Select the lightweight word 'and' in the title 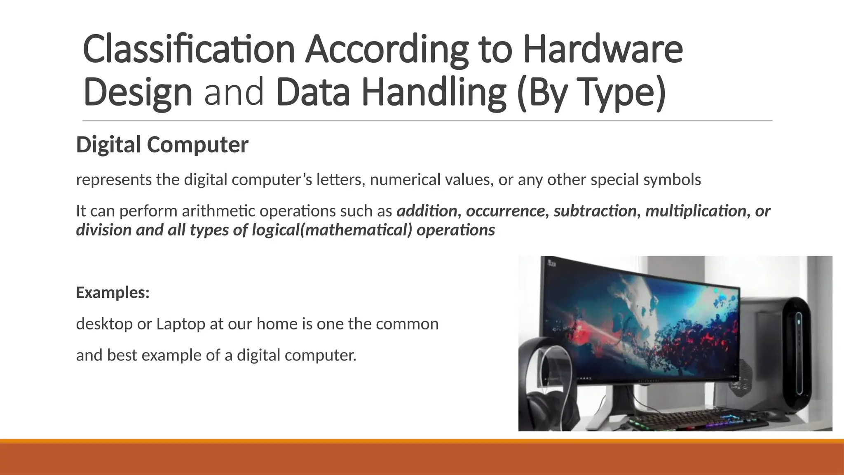click(x=234, y=92)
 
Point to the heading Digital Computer click(x=162, y=145)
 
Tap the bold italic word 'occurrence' click(x=505, y=211)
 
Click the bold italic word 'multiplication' click(x=696, y=211)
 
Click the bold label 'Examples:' click(x=113, y=292)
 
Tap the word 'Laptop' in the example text click(x=181, y=324)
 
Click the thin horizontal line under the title click(x=427, y=121)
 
